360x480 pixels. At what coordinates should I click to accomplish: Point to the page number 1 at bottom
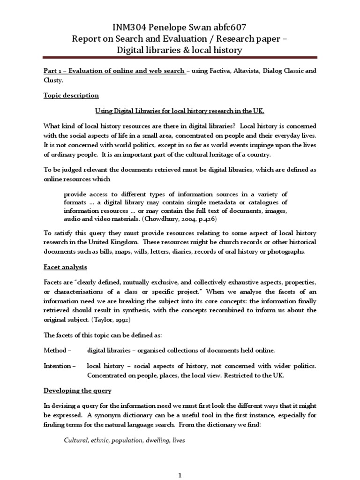tap(180, 473)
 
